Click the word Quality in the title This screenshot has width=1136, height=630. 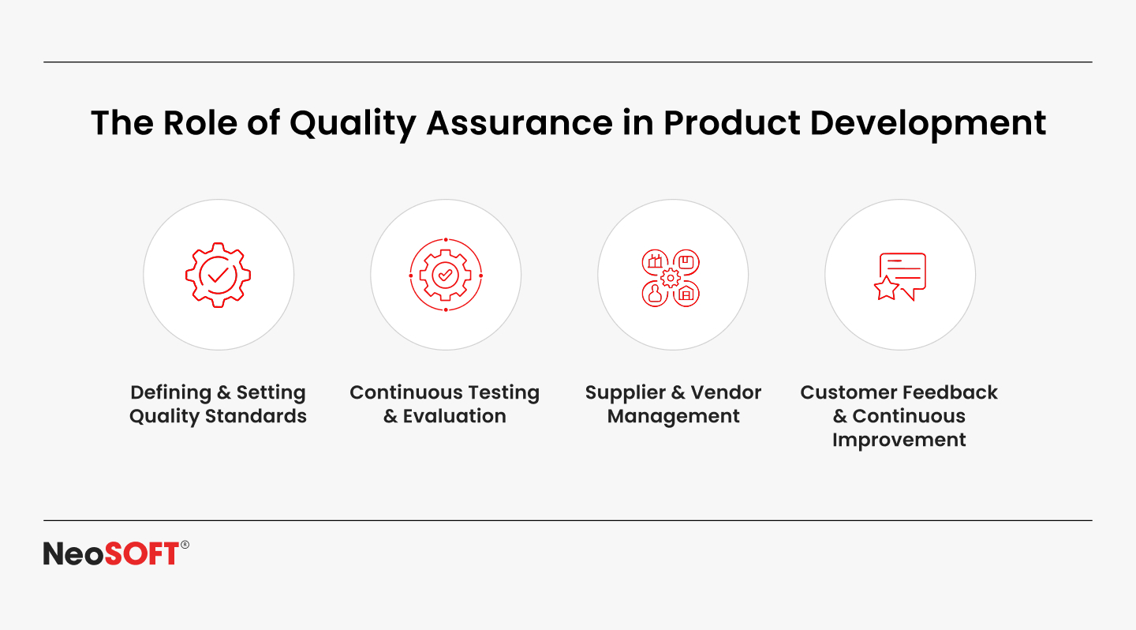pyautogui.click(x=353, y=125)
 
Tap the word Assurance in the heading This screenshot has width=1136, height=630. pyautogui.click(x=519, y=123)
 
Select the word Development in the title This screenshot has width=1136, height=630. pyautogui.click(x=928, y=125)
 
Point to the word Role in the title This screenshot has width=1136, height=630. pyautogui.click(x=200, y=123)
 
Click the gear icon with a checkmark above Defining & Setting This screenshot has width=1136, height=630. pyautogui.click(x=218, y=275)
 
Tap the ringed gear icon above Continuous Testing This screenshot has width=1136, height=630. pyautogui.click(x=445, y=275)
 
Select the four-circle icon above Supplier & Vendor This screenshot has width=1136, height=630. pyautogui.click(x=671, y=278)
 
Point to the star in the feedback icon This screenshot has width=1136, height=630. pyautogui.click(x=886, y=288)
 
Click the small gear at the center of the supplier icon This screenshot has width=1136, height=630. pyautogui.click(x=671, y=278)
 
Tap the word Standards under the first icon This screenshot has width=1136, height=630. pyautogui.click(x=256, y=416)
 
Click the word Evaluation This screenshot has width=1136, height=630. pyautogui.click(x=454, y=416)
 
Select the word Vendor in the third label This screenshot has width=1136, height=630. pyautogui.click(x=726, y=392)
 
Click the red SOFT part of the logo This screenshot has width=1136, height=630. pyautogui.click(x=142, y=553)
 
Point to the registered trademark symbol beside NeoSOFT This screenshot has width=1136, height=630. pyautogui.click(x=185, y=545)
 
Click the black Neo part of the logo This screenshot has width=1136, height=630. pyautogui.click(x=74, y=553)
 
